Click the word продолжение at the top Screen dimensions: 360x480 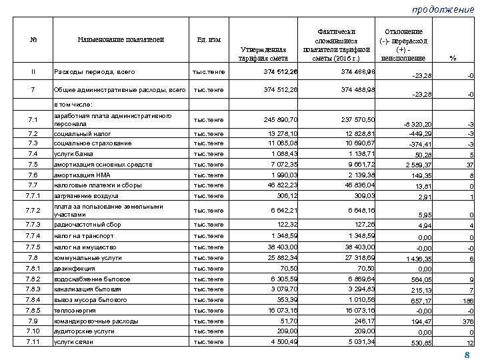coord(441,9)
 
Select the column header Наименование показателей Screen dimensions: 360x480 coord(119,39)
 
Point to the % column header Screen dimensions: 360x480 coord(453,58)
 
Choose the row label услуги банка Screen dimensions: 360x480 coord(73,154)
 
